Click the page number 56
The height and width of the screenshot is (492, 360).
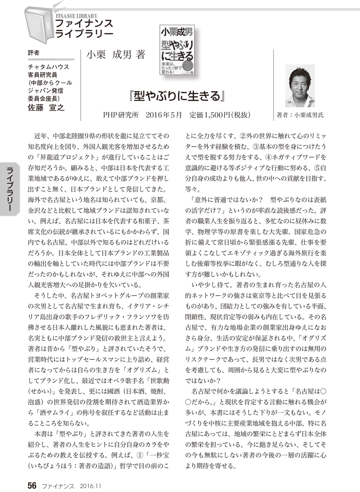tap(32, 485)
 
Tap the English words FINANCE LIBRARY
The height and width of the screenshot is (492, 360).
tap(76, 16)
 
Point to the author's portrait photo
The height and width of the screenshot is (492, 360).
tap(300, 86)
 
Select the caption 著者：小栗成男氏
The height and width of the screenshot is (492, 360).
tap(300, 115)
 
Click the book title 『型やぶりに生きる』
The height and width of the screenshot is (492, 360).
tap(176, 96)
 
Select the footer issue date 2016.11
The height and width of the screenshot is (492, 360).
tap(90, 486)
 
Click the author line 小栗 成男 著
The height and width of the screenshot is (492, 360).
tap(116, 55)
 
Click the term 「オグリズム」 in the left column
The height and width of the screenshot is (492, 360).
tap(146, 370)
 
